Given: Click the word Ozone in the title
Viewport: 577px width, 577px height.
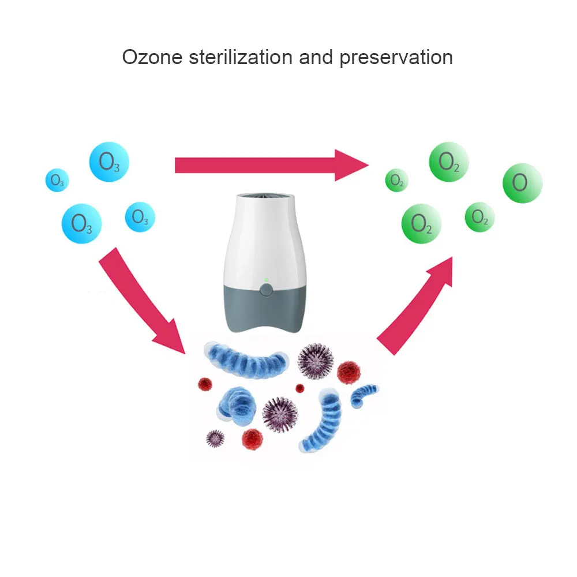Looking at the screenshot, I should pos(151,57).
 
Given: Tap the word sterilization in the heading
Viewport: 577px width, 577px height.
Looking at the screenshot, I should pos(243,57).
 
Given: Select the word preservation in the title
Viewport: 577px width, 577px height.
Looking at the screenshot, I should pos(396,57).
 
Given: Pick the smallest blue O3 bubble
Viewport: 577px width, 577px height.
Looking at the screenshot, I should pos(57,181).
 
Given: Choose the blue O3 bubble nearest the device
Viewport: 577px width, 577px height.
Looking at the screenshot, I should pos(140,217).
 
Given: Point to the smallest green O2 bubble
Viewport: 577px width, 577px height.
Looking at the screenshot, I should pos(397,181).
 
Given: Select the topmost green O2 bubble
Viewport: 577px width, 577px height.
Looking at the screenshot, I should pos(449,162).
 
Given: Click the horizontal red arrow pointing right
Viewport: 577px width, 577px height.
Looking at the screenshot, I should pos(271,166).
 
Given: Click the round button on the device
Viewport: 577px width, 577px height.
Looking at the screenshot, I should pos(265,290).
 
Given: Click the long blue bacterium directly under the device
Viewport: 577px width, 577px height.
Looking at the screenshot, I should pos(248,360).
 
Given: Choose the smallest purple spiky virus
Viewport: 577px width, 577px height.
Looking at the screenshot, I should pos(215,439).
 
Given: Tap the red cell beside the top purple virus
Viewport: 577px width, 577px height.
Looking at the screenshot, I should pos(348,373).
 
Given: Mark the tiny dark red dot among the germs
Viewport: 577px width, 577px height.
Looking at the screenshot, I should pos(299,388).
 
